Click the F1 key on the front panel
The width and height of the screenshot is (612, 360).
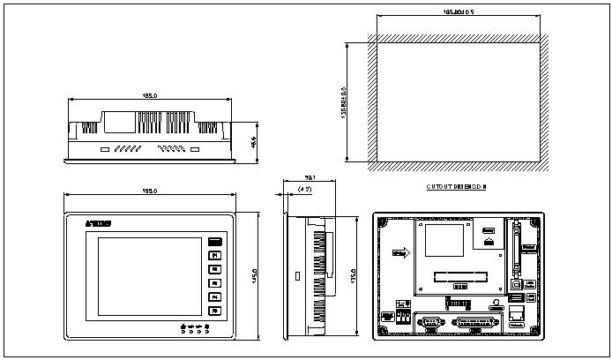coord(214,256)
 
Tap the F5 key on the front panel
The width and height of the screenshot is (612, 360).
coord(214,311)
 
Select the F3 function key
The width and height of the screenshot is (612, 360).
coord(214,283)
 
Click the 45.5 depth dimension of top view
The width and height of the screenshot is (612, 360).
coord(253,141)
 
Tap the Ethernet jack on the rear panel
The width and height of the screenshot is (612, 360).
coord(516,312)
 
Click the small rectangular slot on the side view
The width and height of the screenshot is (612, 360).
coord(296,275)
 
